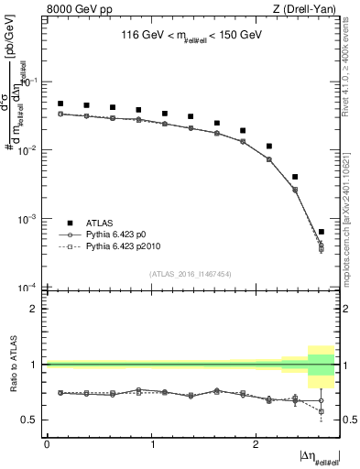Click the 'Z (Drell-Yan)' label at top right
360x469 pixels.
pyautogui.click(x=309, y=9)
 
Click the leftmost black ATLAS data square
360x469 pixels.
pyautogui.click(x=60, y=104)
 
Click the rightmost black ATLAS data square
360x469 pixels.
pyautogui.click(x=321, y=232)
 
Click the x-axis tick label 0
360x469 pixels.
pyautogui.click(x=47, y=442)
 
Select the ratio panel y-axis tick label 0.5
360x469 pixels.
pyautogui.click(x=32, y=420)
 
